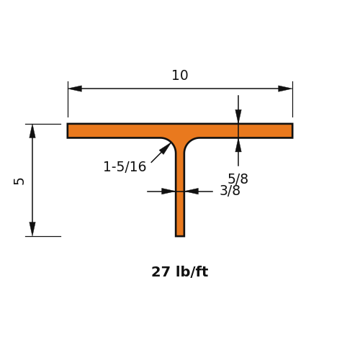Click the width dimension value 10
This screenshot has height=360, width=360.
pyautogui.click(x=180, y=76)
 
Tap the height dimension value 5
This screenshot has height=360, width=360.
pyautogui.click(x=19, y=181)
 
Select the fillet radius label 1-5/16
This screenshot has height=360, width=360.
pyautogui.click(x=125, y=166)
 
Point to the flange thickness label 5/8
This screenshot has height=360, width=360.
pyautogui.click(x=238, y=179)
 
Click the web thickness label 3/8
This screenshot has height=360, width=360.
pyautogui.click(x=230, y=191)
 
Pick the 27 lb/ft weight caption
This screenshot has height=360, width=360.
pyautogui.click(x=180, y=272)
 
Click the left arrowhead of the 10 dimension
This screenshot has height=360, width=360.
pyautogui.click(x=75, y=89)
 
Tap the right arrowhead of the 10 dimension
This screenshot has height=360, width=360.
pyautogui.click(x=285, y=89)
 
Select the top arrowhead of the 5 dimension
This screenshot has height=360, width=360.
pyautogui.click(x=32, y=131)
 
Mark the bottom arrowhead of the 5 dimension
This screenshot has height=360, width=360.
pyautogui.click(x=32, y=229)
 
